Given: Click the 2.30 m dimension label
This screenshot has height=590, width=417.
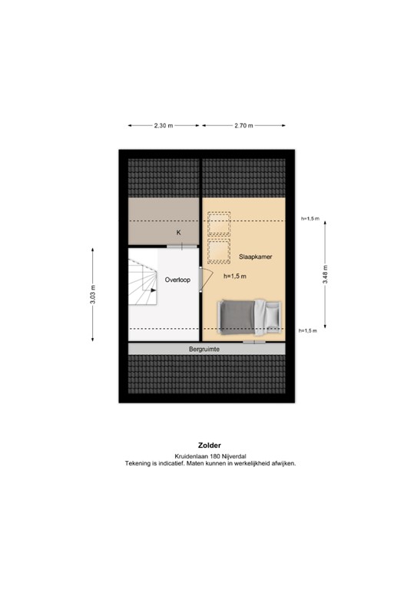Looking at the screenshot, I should click(163, 125).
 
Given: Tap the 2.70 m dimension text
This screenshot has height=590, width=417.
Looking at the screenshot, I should click(244, 125).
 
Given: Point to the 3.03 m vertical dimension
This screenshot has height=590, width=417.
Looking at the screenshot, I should click(93, 295).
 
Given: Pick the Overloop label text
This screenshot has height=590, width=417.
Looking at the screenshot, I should click(177, 280).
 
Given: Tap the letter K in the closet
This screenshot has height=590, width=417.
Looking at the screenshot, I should click(178, 232).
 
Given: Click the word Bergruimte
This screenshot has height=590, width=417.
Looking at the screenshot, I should click(205, 350).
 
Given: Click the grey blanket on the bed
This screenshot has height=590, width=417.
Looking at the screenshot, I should click(237, 316).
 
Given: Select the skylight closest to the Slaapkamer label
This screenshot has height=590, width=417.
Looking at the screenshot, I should click(220, 250).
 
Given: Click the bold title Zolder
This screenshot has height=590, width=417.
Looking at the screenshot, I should click(209, 446).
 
